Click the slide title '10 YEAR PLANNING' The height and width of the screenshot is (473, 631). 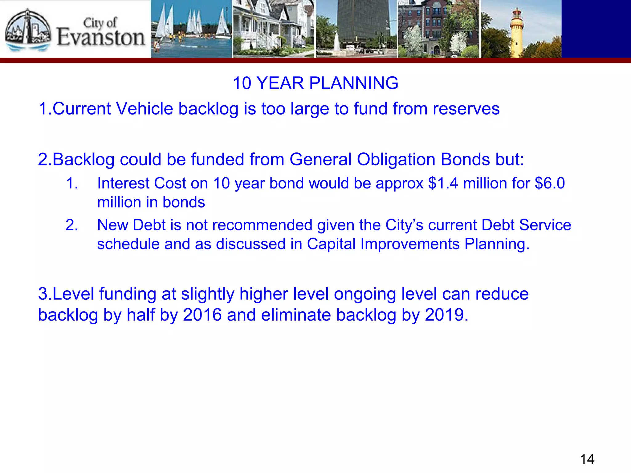point(315,83)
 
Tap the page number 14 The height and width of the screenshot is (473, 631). point(587,459)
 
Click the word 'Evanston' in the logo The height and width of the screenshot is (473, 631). point(101,38)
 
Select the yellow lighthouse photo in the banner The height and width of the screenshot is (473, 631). point(521,29)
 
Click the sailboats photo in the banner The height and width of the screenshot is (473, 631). point(191,29)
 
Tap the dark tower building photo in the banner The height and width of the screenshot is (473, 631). point(356,29)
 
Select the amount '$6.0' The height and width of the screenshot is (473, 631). point(550,183)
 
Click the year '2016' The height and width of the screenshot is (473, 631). point(202,315)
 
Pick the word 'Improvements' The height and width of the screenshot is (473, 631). point(410,244)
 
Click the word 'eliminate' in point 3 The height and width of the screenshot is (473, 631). point(295,315)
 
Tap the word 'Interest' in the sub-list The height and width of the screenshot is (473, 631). point(123,183)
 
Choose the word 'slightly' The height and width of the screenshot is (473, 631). point(208,294)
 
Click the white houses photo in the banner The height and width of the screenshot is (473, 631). point(274,29)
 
